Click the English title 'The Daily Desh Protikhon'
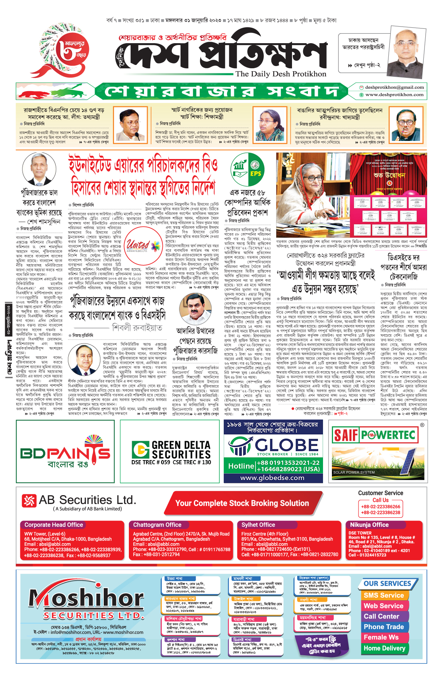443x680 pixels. tap(281, 74)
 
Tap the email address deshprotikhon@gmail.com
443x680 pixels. tap(394, 87)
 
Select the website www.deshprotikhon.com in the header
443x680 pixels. tap(394, 95)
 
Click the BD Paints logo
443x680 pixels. tap(65, 452)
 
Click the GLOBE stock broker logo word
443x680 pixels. tap(286, 445)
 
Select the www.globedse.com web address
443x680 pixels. tap(272, 478)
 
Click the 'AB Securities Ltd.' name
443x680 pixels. tap(87, 500)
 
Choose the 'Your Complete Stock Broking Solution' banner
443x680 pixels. tap(242, 503)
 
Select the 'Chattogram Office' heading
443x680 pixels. tap(157, 525)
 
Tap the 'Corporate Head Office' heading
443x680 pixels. tap(54, 525)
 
